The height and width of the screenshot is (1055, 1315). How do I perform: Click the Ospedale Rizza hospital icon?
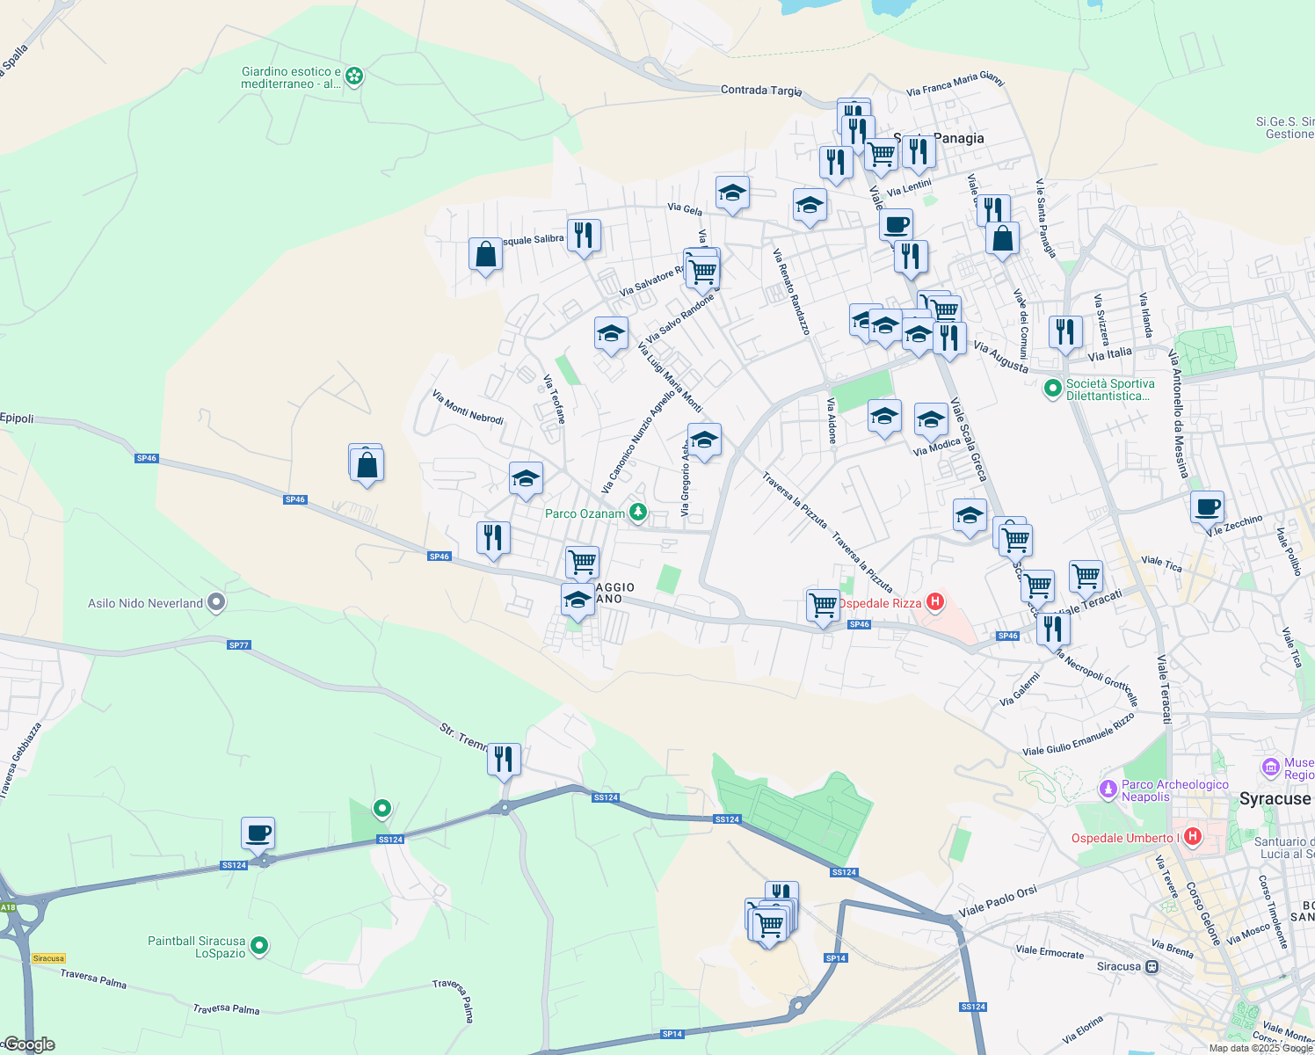[935, 603]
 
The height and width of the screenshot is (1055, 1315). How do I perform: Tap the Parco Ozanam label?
[585, 513]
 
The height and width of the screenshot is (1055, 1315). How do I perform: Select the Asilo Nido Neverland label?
[145, 603]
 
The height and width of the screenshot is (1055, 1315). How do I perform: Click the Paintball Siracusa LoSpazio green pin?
[259, 946]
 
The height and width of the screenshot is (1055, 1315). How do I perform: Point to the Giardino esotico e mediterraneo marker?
[354, 76]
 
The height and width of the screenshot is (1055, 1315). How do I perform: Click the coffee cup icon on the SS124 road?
[258, 833]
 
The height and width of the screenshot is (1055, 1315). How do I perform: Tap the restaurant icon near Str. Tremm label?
[504, 759]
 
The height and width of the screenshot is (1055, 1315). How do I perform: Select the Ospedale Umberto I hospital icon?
[1193, 837]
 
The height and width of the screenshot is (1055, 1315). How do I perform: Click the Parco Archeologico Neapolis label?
[1174, 790]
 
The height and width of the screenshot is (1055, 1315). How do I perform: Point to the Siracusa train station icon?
[1152, 966]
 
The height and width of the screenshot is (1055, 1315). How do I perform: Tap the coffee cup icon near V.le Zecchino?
[1207, 506]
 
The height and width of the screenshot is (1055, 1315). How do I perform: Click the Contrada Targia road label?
[760, 90]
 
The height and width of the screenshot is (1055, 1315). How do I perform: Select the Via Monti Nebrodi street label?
[468, 407]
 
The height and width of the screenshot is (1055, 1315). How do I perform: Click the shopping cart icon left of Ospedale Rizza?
[823, 605]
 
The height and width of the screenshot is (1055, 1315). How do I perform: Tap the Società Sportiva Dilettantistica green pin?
[1052, 388]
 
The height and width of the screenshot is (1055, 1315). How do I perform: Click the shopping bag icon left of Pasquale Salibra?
[485, 254]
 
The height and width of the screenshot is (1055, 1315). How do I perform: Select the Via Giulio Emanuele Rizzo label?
[1079, 735]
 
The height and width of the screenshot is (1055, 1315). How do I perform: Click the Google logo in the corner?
[28, 1044]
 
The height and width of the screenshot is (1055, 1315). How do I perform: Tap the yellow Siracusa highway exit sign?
[48, 958]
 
